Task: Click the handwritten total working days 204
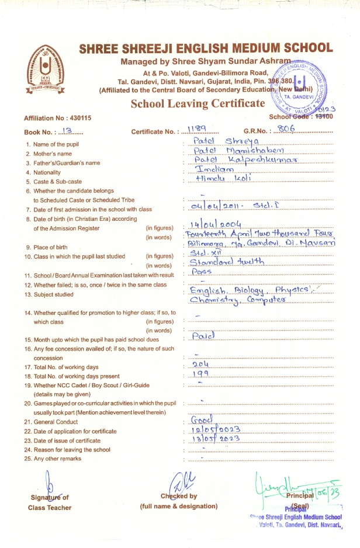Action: (x=201, y=364)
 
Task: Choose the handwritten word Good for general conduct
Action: (x=202, y=421)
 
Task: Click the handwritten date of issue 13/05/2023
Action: (x=216, y=439)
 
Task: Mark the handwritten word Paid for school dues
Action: (x=204, y=337)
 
